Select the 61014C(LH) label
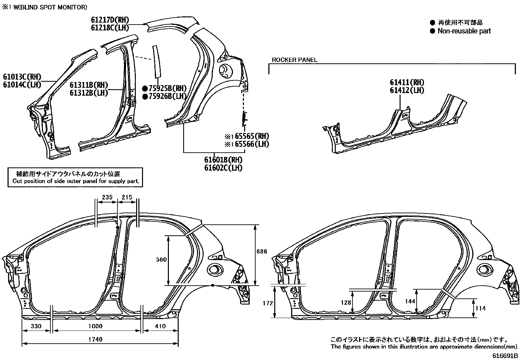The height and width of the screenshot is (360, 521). (x=22, y=85)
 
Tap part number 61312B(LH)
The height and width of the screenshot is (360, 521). (x=89, y=93)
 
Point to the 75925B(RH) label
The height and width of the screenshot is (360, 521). (x=167, y=88)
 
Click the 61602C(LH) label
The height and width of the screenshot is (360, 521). (x=223, y=168)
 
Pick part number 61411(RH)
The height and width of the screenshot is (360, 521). (x=407, y=83)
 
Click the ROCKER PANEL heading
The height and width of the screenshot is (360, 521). (x=295, y=60)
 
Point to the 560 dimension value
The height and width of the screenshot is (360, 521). (x=161, y=260)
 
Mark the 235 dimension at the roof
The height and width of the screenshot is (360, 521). (x=107, y=197)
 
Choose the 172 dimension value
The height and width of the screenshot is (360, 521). (x=268, y=303)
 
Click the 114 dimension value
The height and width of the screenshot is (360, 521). (x=480, y=308)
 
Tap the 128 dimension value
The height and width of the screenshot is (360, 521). (x=346, y=303)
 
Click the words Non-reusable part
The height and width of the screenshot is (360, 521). (x=464, y=31)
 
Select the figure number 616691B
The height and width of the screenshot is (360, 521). (x=505, y=355)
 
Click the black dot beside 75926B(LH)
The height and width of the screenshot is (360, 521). (x=144, y=96)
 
